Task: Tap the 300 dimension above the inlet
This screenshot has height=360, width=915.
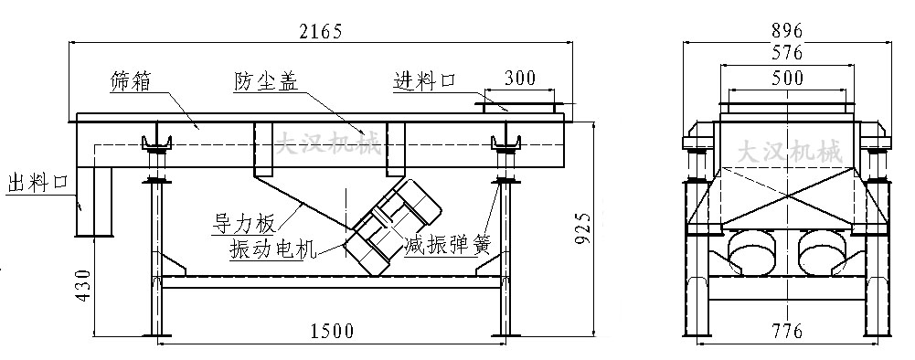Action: [x=519, y=78]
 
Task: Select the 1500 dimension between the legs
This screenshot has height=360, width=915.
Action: [x=331, y=330]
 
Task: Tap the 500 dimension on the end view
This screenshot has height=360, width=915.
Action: [x=787, y=78]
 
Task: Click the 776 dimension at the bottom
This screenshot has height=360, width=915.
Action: [x=787, y=330]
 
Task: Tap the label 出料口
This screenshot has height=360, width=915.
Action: [x=37, y=181]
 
